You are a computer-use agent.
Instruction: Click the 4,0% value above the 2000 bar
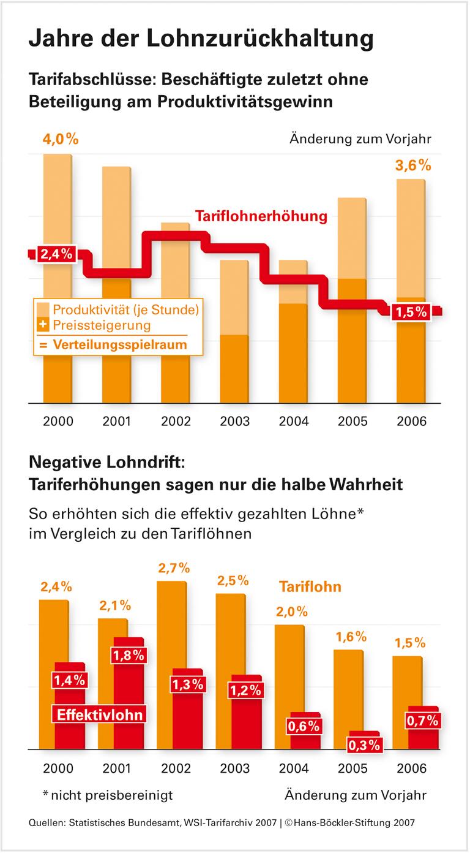click(60, 138)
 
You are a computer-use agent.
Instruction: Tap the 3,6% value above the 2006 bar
click(412, 165)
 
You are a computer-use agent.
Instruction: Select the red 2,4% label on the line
click(56, 254)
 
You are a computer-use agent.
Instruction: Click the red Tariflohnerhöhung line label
click(261, 216)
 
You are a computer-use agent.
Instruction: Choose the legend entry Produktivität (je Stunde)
click(126, 309)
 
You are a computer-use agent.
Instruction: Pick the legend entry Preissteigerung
click(102, 325)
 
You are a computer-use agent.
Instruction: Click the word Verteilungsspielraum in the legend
click(119, 344)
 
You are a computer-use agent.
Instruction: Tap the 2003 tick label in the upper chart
click(235, 422)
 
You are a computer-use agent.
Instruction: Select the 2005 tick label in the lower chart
click(352, 768)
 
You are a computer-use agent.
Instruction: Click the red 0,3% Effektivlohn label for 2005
click(365, 746)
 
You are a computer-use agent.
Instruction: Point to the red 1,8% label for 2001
click(129, 654)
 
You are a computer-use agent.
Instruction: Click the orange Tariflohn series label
click(310, 586)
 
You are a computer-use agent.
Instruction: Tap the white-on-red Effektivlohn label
click(100, 715)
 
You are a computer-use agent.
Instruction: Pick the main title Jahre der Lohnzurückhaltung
click(201, 38)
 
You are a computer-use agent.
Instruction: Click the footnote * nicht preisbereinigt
click(108, 795)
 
